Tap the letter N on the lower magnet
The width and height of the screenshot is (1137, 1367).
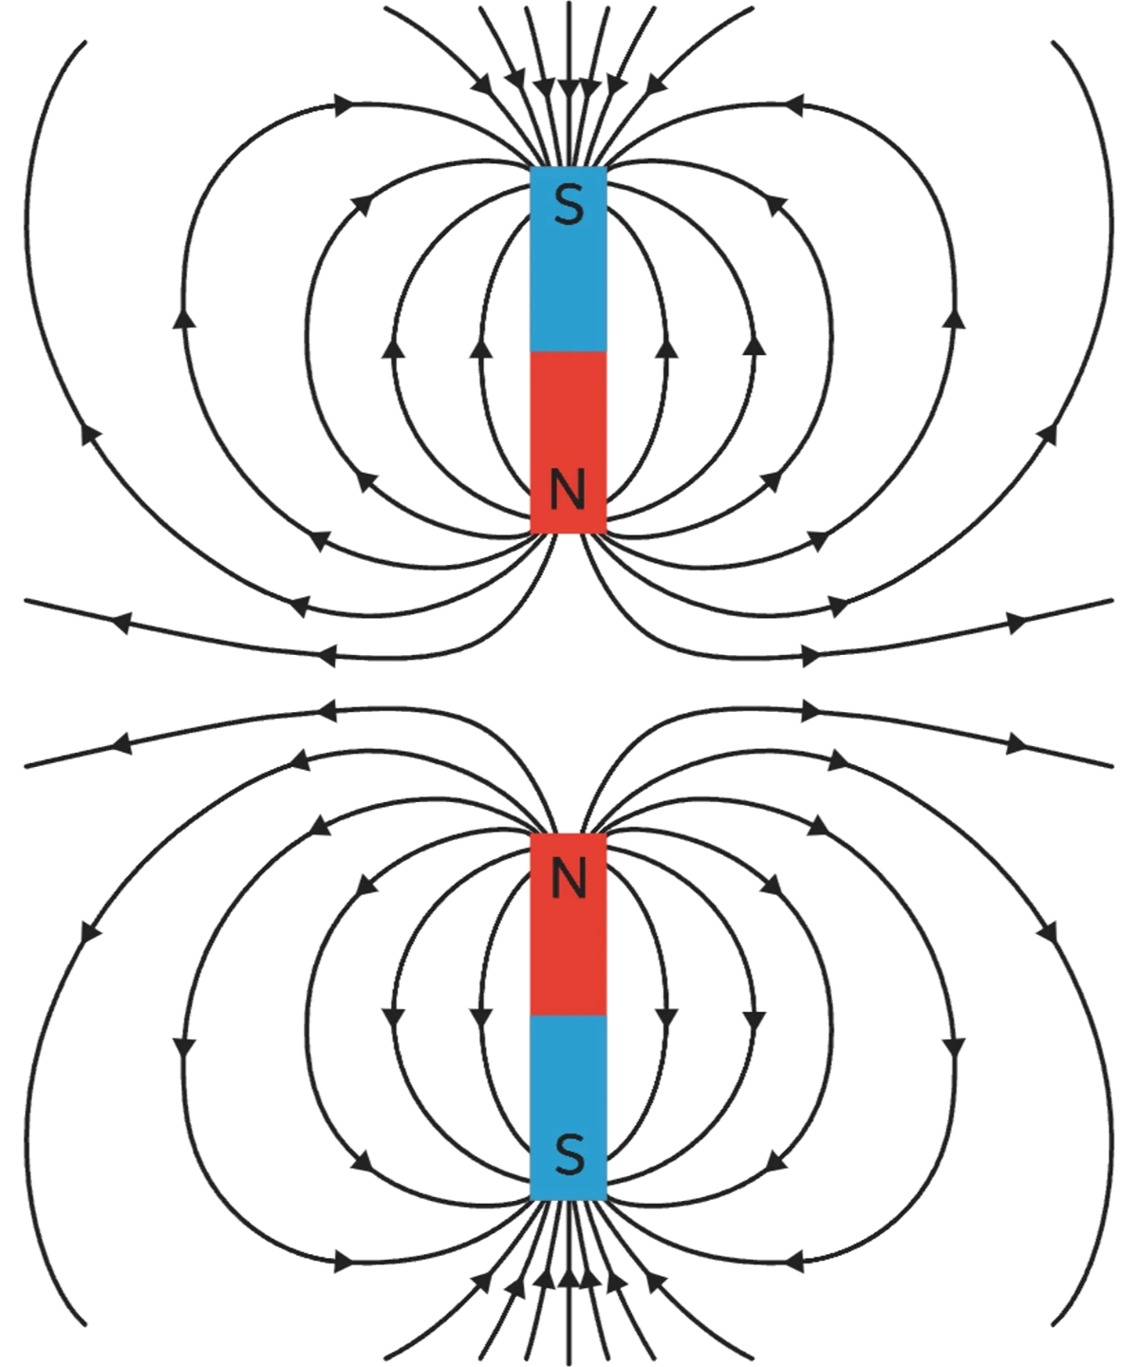click(568, 880)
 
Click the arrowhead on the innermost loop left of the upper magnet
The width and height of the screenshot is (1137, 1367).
click(481, 350)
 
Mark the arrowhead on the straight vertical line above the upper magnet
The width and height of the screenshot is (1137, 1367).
click(568, 89)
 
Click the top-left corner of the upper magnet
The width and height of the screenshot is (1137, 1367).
click(531, 168)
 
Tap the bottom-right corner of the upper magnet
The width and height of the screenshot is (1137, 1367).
click(606, 533)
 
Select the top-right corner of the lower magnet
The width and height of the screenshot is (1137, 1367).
click(606, 834)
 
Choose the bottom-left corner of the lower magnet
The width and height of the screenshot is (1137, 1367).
click(531, 1199)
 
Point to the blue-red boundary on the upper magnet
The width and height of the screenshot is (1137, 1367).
click(568, 351)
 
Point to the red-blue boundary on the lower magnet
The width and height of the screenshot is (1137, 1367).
click(568, 1015)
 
